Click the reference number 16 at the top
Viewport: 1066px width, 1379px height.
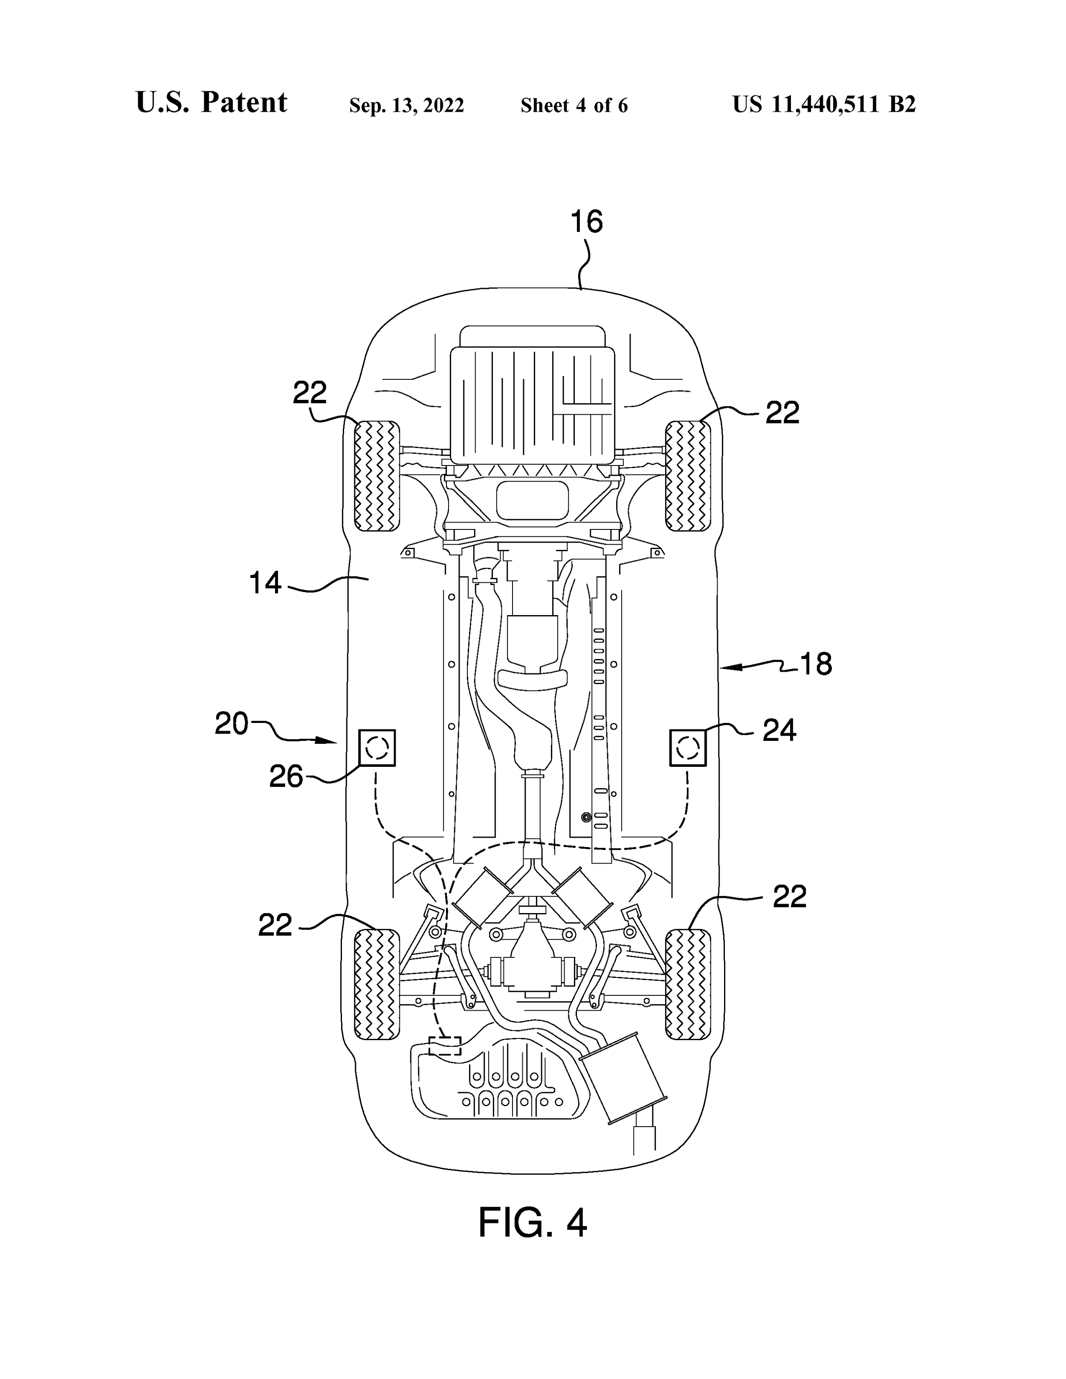tap(587, 222)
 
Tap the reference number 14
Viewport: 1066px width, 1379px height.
tap(265, 582)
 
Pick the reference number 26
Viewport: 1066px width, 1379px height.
tap(286, 777)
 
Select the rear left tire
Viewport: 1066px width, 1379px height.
tap(377, 984)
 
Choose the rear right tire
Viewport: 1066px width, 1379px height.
tap(688, 984)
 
